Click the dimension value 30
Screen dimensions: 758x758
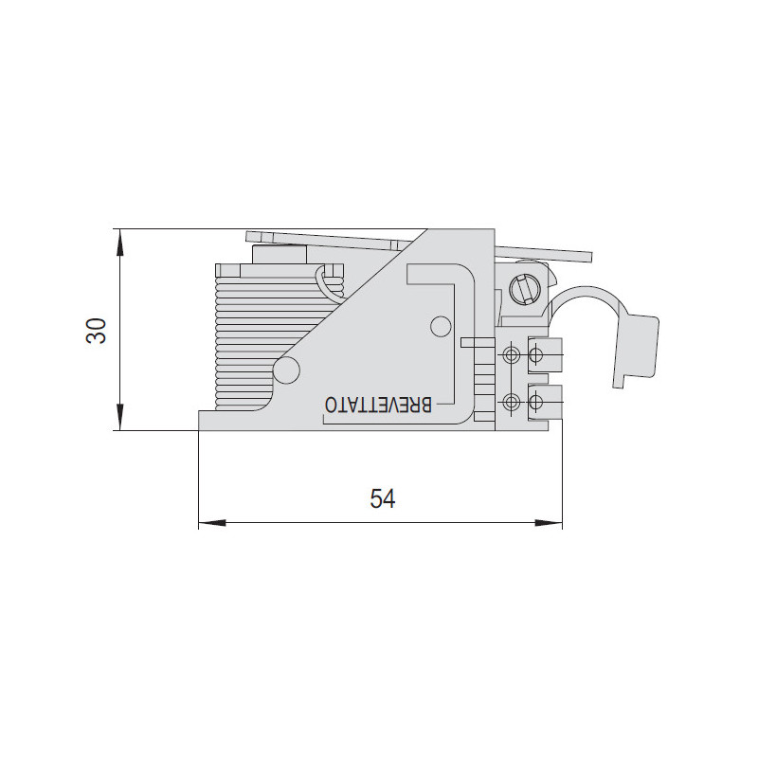(x=96, y=331)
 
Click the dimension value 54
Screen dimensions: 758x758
(x=383, y=499)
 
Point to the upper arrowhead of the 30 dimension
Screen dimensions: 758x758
(x=120, y=243)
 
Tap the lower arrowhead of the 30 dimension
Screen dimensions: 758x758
(x=120, y=417)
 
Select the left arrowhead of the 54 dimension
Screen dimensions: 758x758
(x=212, y=523)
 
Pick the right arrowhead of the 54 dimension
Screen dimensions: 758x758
(x=549, y=523)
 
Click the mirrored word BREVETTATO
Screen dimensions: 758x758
(x=378, y=406)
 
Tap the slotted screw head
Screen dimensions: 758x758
(x=525, y=290)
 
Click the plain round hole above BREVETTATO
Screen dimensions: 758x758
(x=441, y=326)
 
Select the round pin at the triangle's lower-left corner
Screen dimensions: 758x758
(x=286, y=370)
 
